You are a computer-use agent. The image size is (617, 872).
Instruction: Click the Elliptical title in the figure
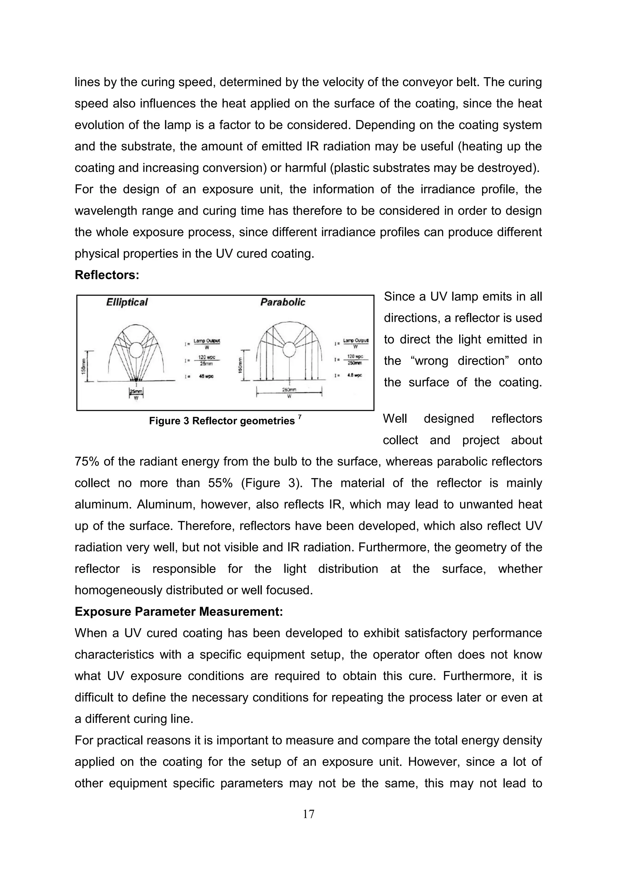tap(127, 302)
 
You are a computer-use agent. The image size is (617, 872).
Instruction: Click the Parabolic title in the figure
tap(283, 302)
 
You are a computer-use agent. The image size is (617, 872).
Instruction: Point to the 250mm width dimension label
tap(290, 390)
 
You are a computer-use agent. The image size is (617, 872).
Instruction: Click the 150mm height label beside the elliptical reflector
tap(83, 365)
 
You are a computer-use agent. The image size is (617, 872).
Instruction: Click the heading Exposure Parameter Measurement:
tap(179, 612)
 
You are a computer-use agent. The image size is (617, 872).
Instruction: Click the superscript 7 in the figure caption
tap(300, 417)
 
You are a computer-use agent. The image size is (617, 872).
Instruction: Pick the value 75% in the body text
tap(86, 462)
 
